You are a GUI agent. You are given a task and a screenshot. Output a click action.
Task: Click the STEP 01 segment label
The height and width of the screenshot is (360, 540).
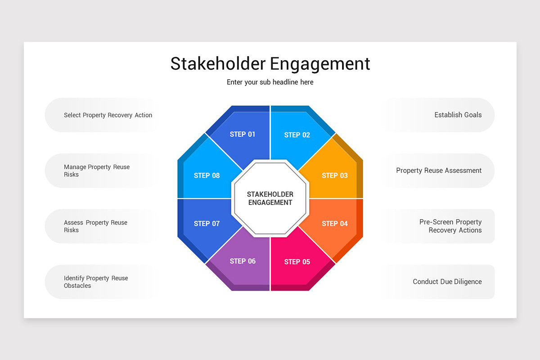click(x=243, y=134)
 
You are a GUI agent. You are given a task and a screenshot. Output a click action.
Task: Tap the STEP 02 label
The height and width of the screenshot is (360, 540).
click(x=297, y=135)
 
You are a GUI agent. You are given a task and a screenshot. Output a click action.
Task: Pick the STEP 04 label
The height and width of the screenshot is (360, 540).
click(x=335, y=224)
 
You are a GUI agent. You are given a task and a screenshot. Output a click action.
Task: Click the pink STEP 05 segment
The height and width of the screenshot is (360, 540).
click(x=297, y=262)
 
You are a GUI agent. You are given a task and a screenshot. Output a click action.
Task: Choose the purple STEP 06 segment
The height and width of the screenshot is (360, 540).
click(x=243, y=261)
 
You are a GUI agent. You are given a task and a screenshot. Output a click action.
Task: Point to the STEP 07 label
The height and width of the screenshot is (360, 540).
click(x=207, y=224)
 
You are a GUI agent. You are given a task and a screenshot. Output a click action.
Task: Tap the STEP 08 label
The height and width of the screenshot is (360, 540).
click(x=207, y=175)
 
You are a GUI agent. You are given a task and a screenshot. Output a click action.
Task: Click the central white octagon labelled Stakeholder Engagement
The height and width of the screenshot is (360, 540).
click(x=270, y=198)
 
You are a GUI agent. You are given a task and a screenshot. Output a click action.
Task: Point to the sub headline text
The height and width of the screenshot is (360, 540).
click(x=270, y=82)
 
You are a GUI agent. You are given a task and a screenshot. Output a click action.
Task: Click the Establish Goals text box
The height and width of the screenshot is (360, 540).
click(x=458, y=115)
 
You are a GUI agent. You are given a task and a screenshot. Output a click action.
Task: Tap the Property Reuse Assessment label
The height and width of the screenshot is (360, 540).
click(x=439, y=171)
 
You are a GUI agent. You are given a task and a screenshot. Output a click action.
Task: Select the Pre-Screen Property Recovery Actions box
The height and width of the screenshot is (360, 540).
click(x=450, y=226)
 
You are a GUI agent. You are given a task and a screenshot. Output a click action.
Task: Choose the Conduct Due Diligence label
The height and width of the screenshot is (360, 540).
click(x=447, y=282)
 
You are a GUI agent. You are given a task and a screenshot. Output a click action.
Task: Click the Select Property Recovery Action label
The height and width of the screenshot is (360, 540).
click(x=108, y=115)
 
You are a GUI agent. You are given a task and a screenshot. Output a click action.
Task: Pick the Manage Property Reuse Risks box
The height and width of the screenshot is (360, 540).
click(x=97, y=171)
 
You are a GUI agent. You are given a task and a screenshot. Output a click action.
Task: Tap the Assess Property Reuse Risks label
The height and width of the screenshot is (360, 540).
click(x=95, y=226)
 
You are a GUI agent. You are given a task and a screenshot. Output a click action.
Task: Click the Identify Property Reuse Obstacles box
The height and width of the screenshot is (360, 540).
click(x=96, y=282)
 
